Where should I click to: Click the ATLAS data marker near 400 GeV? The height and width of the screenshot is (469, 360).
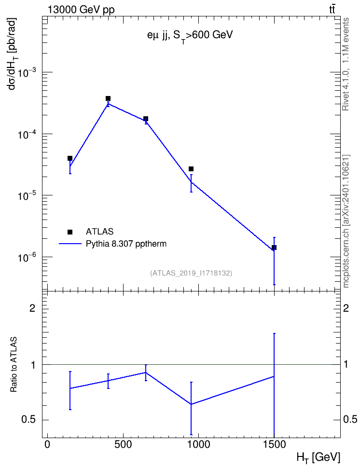pos(108,98)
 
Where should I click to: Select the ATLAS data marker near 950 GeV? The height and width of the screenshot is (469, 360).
pos(191,169)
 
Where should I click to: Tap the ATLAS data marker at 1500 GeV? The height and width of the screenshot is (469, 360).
pos(274,248)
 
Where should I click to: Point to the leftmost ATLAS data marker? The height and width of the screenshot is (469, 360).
pos(69,158)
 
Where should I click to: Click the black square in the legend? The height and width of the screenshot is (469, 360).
pos(69,232)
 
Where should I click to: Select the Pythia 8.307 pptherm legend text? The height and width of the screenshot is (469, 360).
pos(126,244)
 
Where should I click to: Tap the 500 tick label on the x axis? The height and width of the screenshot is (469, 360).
pos(123,444)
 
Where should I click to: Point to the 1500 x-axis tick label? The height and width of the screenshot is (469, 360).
pos(274,444)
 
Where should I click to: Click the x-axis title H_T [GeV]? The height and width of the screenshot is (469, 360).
pos(318,457)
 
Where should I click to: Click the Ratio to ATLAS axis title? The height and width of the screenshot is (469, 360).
pos(14,365)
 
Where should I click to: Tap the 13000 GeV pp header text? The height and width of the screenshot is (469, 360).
pos(81,10)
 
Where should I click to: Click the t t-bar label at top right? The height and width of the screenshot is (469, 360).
pos(332,10)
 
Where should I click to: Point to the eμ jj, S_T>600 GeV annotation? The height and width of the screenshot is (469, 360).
pos(190,36)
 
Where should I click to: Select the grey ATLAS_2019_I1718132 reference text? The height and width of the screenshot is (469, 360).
pos(191,273)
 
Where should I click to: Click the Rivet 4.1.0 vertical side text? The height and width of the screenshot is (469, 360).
pos(346,64)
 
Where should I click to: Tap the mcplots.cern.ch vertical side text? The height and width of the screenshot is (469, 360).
pos(346,221)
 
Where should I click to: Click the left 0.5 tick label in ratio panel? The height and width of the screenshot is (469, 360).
pos(28,420)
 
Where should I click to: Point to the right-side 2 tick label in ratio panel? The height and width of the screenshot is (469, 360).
pos(346,308)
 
